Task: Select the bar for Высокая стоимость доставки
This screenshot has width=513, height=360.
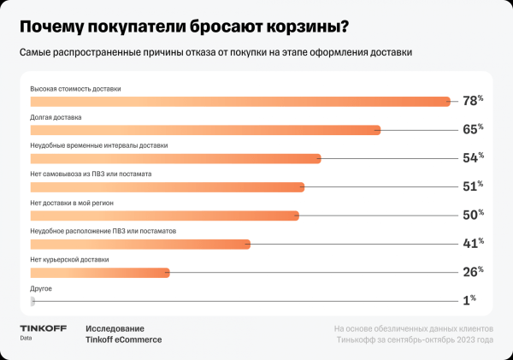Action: click(x=239, y=102)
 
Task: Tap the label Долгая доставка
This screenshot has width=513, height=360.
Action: click(x=56, y=117)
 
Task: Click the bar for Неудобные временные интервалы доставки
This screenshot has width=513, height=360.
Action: click(x=175, y=158)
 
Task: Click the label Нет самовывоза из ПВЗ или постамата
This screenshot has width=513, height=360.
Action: click(x=91, y=174)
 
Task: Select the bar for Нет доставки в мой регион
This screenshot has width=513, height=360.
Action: click(x=164, y=215)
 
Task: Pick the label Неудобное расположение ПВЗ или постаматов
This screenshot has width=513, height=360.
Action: click(x=103, y=231)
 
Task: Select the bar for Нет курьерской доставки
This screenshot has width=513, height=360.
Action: click(x=100, y=273)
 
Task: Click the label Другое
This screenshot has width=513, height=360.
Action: click(x=41, y=288)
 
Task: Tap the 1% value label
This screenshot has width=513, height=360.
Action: click(x=469, y=301)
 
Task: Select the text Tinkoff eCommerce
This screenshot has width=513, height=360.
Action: click(x=123, y=339)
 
